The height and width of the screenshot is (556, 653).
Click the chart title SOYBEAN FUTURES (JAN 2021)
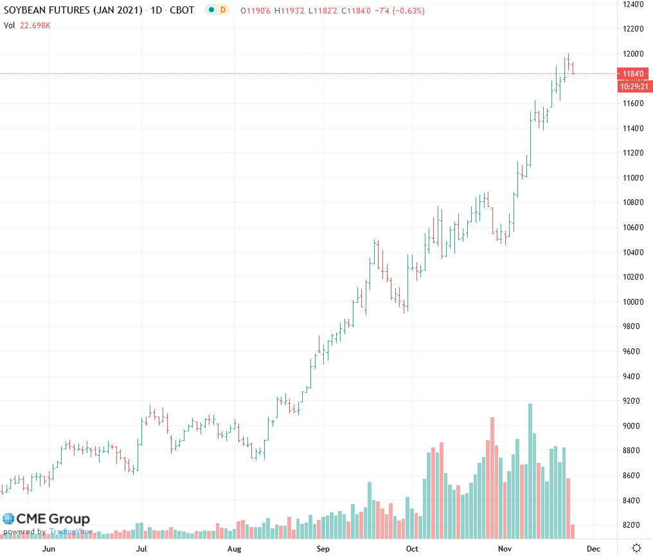click(73, 11)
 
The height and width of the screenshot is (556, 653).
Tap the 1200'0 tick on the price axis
click(632, 53)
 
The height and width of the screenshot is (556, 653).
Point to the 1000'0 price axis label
click(632, 301)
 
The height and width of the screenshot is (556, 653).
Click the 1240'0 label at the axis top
click(632, 4)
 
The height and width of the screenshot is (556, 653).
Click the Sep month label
click(323, 548)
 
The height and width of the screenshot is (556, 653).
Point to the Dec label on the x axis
click(593, 548)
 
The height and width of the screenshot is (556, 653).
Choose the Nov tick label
click(505, 548)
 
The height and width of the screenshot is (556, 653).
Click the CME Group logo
click(46, 519)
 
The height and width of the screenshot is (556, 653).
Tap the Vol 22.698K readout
click(27, 25)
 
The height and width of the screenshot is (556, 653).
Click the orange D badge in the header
click(223, 11)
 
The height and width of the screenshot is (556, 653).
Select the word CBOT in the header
click(181, 11)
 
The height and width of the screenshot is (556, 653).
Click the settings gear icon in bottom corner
click(636, 548)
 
